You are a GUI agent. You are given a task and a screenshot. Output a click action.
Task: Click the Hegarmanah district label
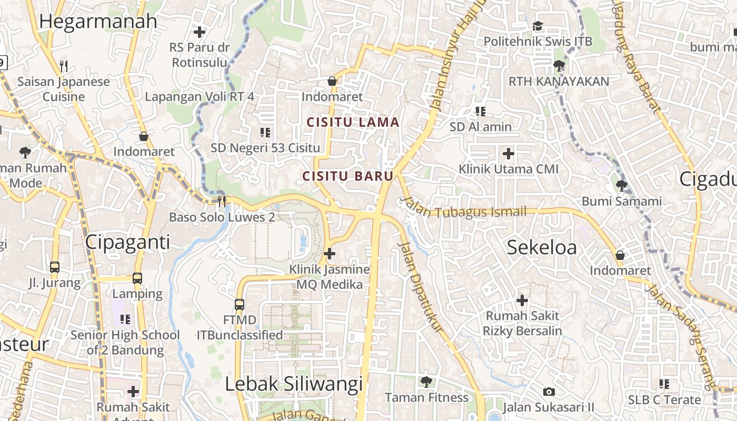[98, 22]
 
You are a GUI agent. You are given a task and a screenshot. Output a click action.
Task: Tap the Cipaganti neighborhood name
[127, 242]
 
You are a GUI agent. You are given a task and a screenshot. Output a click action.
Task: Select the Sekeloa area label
[542, 247]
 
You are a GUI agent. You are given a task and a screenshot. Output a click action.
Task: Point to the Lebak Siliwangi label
[294, 384]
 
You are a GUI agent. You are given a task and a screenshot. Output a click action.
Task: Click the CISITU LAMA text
[353, 123]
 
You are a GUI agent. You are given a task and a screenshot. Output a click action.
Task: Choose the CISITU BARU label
[348, 176]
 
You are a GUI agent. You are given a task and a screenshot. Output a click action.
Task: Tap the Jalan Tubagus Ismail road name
[463, 209]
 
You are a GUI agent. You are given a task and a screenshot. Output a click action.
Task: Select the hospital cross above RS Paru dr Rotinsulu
[200, 32]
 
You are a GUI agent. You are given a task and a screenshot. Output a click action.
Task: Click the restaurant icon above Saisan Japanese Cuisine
[64, 66]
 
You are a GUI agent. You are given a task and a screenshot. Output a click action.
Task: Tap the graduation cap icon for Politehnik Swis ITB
[537, 26]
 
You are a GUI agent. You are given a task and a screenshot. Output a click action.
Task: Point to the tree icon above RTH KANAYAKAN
[559, 66]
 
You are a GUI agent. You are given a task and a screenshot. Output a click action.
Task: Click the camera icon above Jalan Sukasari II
[549, 392]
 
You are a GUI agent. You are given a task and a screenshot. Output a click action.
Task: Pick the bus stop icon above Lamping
[137, 278]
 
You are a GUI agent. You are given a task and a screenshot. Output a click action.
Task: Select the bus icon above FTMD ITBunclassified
[240, 304]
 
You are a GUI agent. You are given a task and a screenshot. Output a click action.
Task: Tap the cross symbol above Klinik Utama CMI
[509, 154]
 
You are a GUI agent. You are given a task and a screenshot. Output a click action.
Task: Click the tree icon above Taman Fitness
[426, 382]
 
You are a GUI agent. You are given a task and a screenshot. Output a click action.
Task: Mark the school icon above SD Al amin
[481, 111]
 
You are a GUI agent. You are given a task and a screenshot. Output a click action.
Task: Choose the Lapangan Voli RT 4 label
[200, 96]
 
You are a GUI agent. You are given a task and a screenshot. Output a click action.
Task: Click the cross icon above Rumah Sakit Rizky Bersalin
[522, 300]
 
